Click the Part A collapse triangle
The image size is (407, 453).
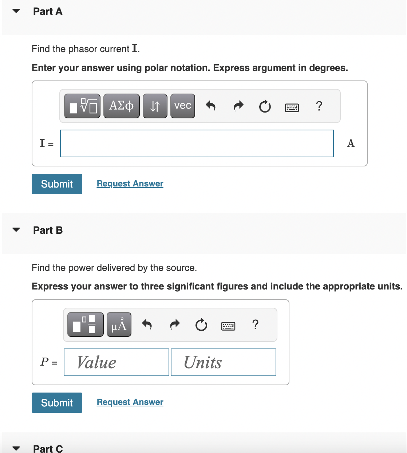point(16,11)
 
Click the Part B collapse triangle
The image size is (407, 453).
point(16,230)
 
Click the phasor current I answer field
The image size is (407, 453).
point(197,143)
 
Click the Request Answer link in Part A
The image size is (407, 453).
point(130,184)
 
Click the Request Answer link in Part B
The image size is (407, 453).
point(130,402)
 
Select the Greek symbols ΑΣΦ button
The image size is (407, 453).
point(122,106)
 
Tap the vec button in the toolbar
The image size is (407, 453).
point(182,106)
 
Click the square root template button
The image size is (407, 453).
point(82,106)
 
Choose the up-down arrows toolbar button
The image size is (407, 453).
point(155,106)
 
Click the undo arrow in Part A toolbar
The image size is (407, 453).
point(211,106)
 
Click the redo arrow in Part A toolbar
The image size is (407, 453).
point(238,106)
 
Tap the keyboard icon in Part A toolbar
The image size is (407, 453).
point(292,107)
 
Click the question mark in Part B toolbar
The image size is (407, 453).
point(256,324)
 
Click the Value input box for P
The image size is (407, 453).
point(116,362)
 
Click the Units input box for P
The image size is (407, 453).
point(224,362)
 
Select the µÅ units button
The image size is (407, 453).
point(119,324)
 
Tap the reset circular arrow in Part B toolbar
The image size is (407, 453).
point(201,324)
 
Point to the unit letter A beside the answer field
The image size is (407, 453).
point(351,143)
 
